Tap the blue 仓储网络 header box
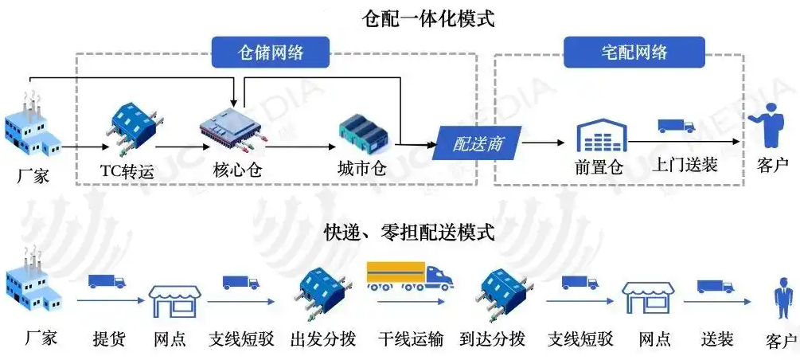tap(271, 53)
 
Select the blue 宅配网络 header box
tap(634, 53)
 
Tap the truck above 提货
tap(107, 282)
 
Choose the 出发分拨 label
tap(322, 339)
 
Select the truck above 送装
tap(715, 286)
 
